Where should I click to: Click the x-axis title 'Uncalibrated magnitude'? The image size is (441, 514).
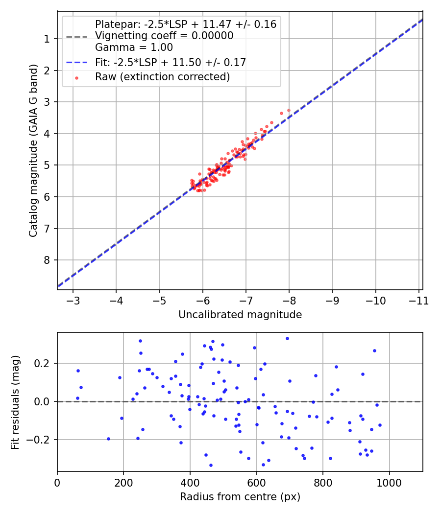(240, 315)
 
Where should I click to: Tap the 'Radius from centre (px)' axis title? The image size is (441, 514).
(240, 497)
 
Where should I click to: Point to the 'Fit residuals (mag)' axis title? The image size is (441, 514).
(15, 402)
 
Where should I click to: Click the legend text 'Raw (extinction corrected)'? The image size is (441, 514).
(162, 77)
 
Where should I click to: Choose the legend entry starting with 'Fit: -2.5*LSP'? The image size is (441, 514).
(171, 62)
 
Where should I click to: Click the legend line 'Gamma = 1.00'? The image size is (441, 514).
(134, 47)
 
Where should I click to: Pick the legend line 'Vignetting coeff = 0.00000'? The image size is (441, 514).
(164, 36)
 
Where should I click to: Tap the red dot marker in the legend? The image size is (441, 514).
(76, 77)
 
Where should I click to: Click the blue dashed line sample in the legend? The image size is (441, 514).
(76, 62)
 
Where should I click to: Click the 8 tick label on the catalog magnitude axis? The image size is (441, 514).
(48, 260)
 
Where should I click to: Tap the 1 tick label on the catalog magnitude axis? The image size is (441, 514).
(48, 39)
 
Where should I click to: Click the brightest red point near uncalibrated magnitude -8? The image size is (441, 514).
(289, 111)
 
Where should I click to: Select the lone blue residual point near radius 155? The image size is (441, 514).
(108, 439)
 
